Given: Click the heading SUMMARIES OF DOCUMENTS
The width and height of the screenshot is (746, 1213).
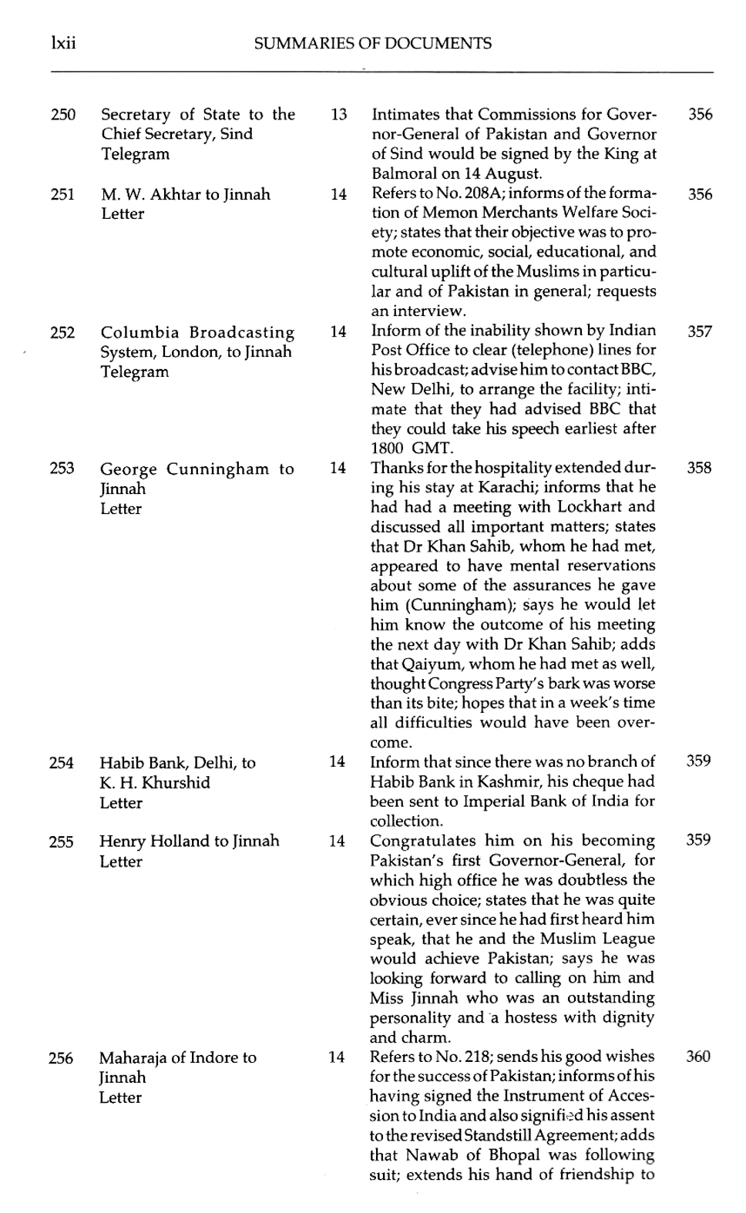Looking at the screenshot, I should [x=372, y=44].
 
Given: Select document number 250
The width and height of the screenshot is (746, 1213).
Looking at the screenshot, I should [x=62, y=115].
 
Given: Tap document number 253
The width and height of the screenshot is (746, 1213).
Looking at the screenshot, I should [x=62, y=469].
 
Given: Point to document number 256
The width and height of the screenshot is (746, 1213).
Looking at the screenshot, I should [x=61, y=1058].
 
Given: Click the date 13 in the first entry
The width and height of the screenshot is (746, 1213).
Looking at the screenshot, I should [x=338, y=115].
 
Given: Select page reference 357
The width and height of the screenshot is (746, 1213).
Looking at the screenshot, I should [x=700, y=331].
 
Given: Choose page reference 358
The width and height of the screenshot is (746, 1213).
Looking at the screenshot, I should [x=699, y=468].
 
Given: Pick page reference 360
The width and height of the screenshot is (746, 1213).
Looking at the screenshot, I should [x=698, y=1057].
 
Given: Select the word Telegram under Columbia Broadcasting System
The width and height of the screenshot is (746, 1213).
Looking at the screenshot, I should [x=134, y=372].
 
